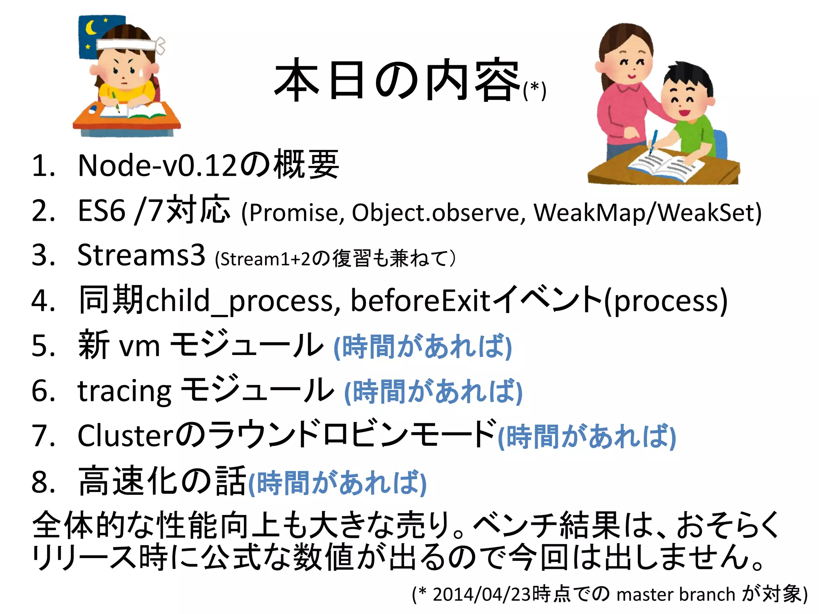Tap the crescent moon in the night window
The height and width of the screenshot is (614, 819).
coord(92,28)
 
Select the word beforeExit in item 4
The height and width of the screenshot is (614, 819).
coord(420,301)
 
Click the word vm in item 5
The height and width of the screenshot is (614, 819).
coord(140,346)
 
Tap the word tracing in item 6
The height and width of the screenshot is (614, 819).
coord(124,392)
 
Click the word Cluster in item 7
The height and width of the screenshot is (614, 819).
coord(126,436)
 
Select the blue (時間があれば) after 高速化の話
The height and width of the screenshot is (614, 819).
coord(338,483)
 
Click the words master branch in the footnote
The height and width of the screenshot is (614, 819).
coord(676,594)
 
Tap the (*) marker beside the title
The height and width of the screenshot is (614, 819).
coord(534,90)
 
